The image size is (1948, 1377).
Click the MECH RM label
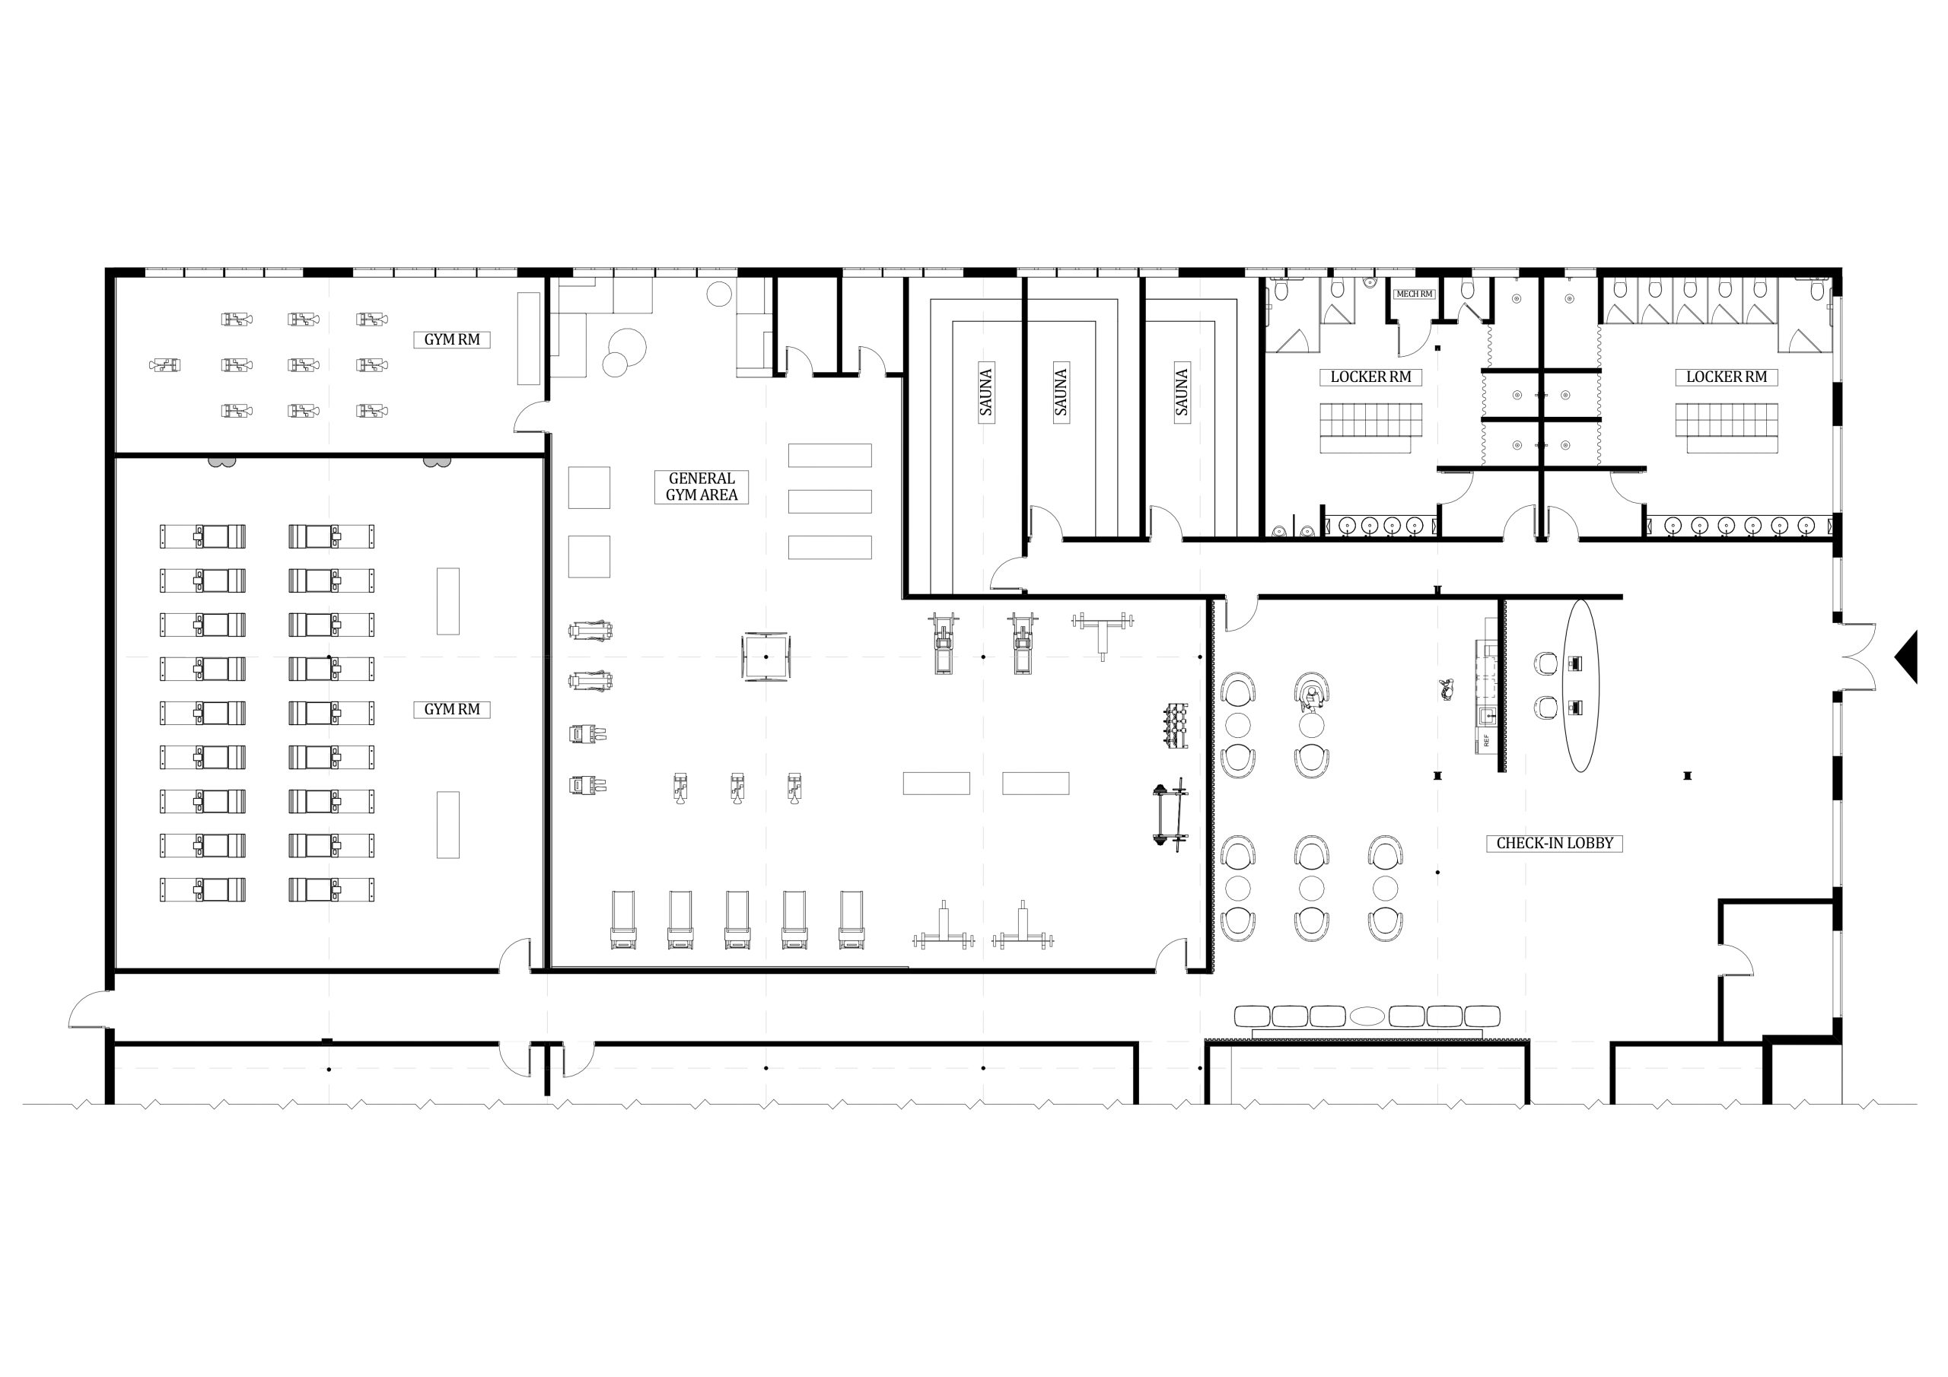click(1414, 294)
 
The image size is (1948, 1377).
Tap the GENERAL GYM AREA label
click(702, 486)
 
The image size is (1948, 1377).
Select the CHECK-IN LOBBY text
click(1555, 844)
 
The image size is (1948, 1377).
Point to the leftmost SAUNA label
click(986, 392)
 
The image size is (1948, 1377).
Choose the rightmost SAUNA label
click(1182, 392)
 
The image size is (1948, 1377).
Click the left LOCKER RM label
click(1370, 377)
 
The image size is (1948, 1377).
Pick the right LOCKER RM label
click(1727, 377)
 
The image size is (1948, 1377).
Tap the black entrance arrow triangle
click(1906, 656)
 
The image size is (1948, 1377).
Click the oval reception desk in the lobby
click(1580, 685)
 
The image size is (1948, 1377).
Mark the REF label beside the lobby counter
click(1486, 739)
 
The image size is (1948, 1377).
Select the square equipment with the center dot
click(766, 656)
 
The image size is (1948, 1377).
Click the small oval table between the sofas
click(1367, 1016)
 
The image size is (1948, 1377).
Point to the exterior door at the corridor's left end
click(89, 1010)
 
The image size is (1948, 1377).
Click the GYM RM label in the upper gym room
click(451, 339)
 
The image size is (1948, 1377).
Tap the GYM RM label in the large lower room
click(451, 709)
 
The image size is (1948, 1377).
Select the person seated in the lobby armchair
click(1313, 698)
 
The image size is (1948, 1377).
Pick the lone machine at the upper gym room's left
click(164, 365)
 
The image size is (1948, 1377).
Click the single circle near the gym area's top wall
click(718, 294)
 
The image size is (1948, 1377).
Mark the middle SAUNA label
click(1061, 392)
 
